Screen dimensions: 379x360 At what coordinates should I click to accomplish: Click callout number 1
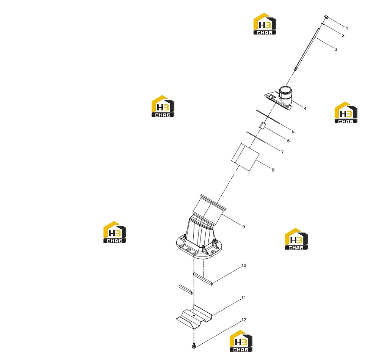347,28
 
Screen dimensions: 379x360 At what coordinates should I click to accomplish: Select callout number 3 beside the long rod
336,49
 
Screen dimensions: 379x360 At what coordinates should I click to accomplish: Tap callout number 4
305,108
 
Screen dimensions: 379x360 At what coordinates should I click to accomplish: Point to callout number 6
288,141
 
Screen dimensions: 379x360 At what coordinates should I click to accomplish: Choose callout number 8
273,170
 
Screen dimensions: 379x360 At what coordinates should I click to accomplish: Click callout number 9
243,227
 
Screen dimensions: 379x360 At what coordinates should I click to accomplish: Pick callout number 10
244,266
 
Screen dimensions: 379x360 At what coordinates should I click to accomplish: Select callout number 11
243,298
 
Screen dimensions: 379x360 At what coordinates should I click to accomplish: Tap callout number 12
244,320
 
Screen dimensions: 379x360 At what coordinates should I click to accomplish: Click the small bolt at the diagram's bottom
193,346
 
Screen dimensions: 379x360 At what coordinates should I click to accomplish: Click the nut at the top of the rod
326,17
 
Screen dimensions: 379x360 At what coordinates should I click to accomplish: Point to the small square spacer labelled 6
263,126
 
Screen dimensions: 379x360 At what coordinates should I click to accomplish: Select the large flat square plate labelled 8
245,157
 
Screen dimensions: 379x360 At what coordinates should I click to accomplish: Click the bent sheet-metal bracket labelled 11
194,317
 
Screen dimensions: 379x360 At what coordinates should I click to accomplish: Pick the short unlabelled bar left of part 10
186,289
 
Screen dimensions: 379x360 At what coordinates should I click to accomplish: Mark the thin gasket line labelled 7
256,137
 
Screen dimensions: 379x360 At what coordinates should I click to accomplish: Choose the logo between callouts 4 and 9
296,239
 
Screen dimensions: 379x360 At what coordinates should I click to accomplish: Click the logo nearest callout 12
241,341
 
